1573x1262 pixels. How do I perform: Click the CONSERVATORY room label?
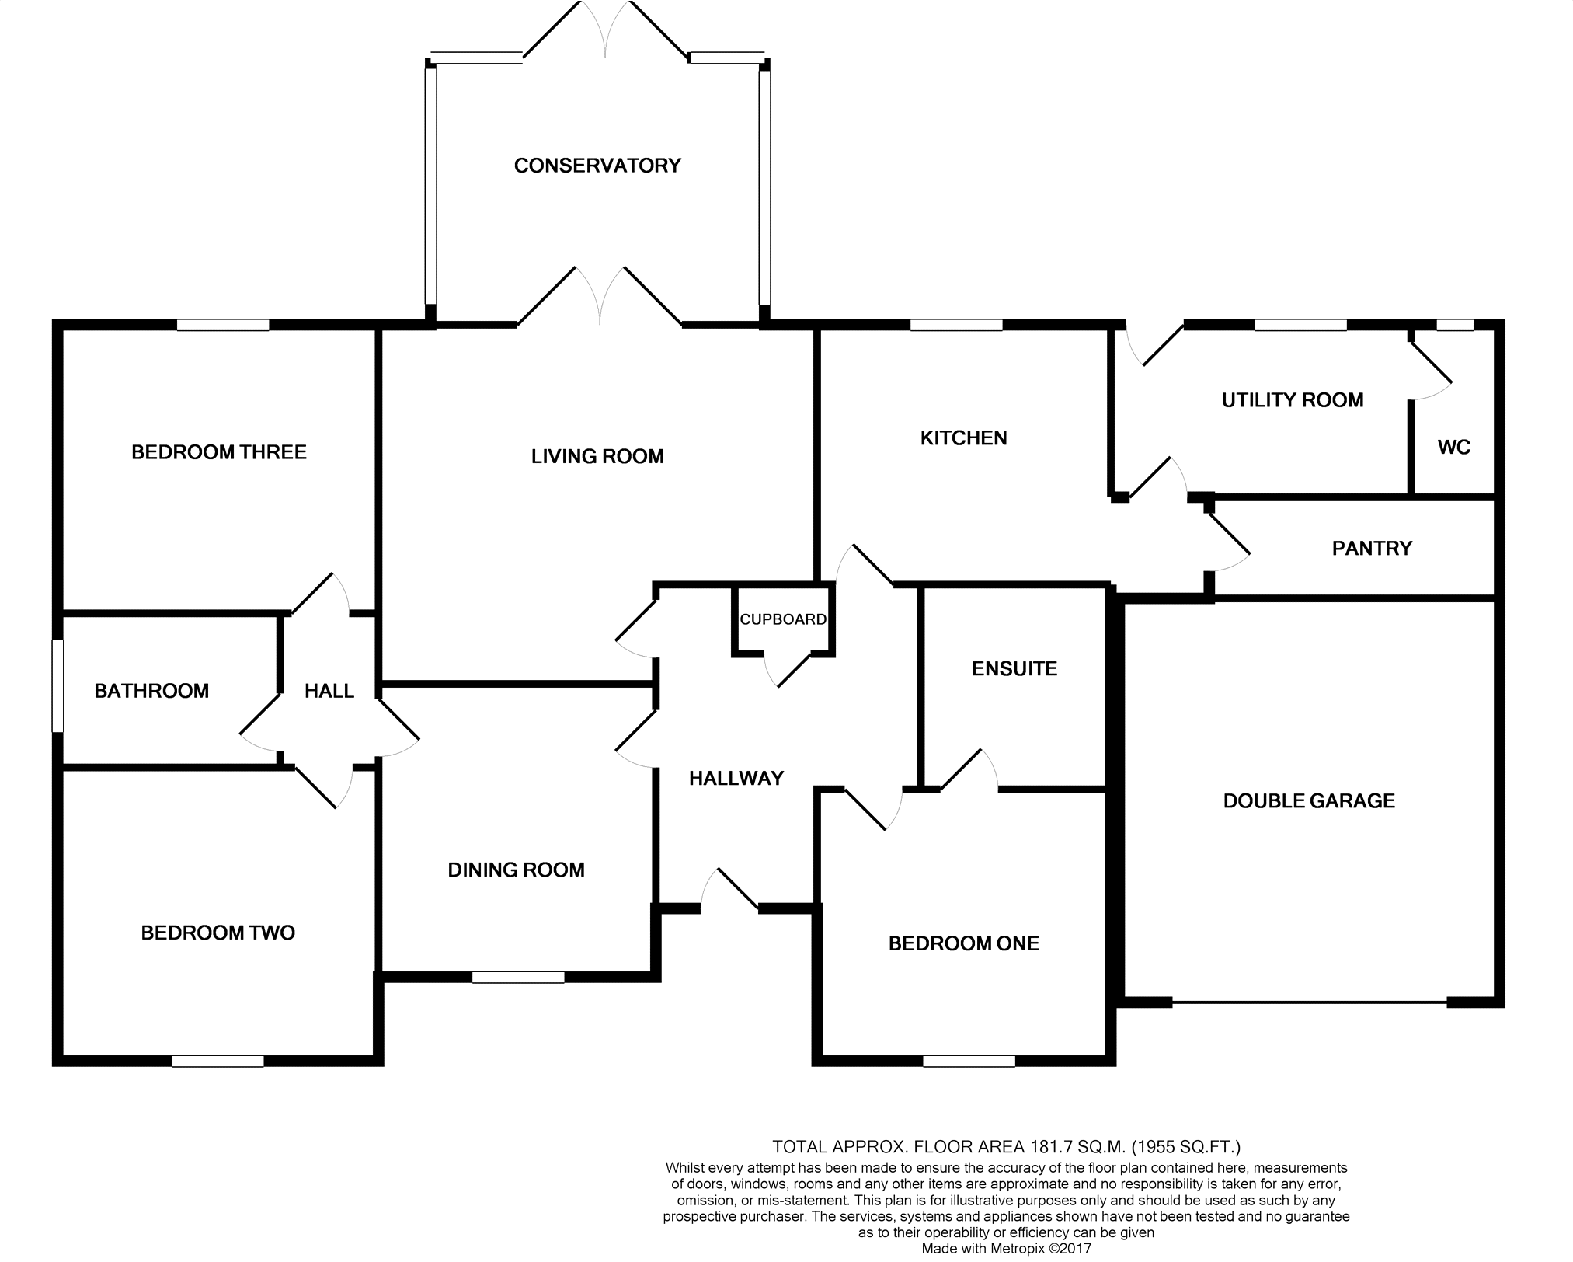pyautogui.click(x=597, y=166)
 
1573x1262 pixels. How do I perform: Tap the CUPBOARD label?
pyautogui.click(x=782, y=619)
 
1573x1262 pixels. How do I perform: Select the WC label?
pyautogui.click(x=1454, y=448)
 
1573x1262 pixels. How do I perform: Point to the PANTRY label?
pyautogui.click(x=1372, y=549)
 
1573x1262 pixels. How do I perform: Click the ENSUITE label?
pyautogui.click(x=1014, y=669)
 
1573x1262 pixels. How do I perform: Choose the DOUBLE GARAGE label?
pyautogui.click(x=1309, y=801)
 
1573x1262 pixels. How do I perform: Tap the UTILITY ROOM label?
pyautogui.click(x=1293, y=400)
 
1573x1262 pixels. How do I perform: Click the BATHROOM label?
pyautogui.click(x=151, y=691)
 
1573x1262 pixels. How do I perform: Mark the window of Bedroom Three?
pyautogui.click(x=223, y=325)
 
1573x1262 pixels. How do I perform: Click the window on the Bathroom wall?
pyautogui.click(x=58, y=685)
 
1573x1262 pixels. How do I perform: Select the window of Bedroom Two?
pyautogui.click(x=218, y=1061)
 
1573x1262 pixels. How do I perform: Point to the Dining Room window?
pyautogui.click(x=518, y=977)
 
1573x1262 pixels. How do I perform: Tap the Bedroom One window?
pyautogui.click(x=969, y=1061)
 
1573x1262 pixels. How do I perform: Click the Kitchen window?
pyautogui.click(x=956, y=325)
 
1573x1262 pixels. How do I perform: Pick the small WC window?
pyautogui.click(x=1454, y=325)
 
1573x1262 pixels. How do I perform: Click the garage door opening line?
pyautogui.click(x=1309, y=1002)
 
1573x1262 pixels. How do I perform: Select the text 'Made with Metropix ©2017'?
pyautogui.click(x=1006, y=1249)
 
